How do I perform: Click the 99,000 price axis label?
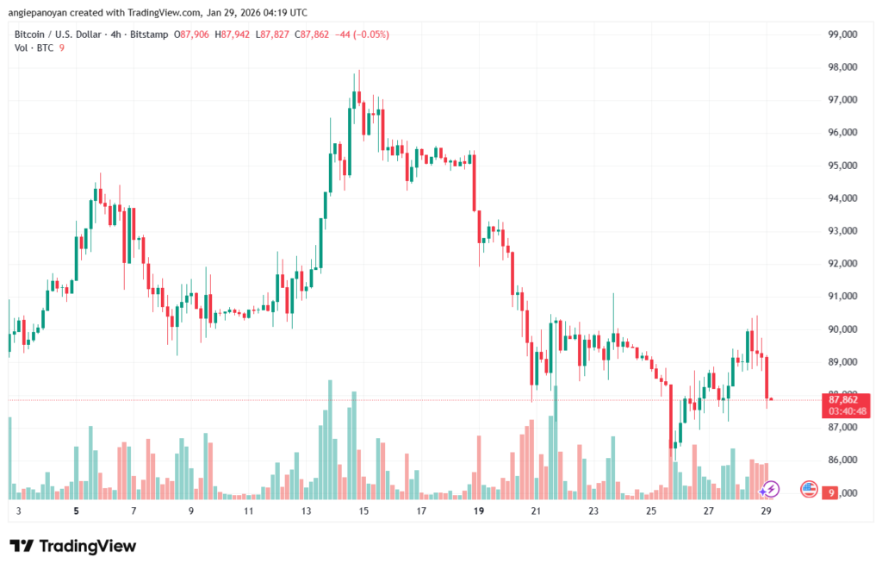pyautogui.click(x=842, y=34)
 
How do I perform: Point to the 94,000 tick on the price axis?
pyautogui.click(x=842, y=198)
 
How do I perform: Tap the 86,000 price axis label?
pyautogui.click(x=842, y=460)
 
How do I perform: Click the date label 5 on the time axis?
pyautogui.click(x=77, y=510)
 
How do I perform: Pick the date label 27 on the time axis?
pyautogui.click(x=708, y=510)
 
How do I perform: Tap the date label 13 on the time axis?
pyautogui.click(x=306, y=510)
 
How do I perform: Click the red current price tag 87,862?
pyautogui.click(x=845, y=399)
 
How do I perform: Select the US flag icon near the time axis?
pyautogui.click(x=809, y=490)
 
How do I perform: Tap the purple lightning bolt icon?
pyautogui.click(x=770, y=490)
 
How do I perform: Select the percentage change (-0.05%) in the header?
pyautogui.click(x=368, y=34)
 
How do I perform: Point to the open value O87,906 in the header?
pyautogui.click(x=191, y=34)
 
